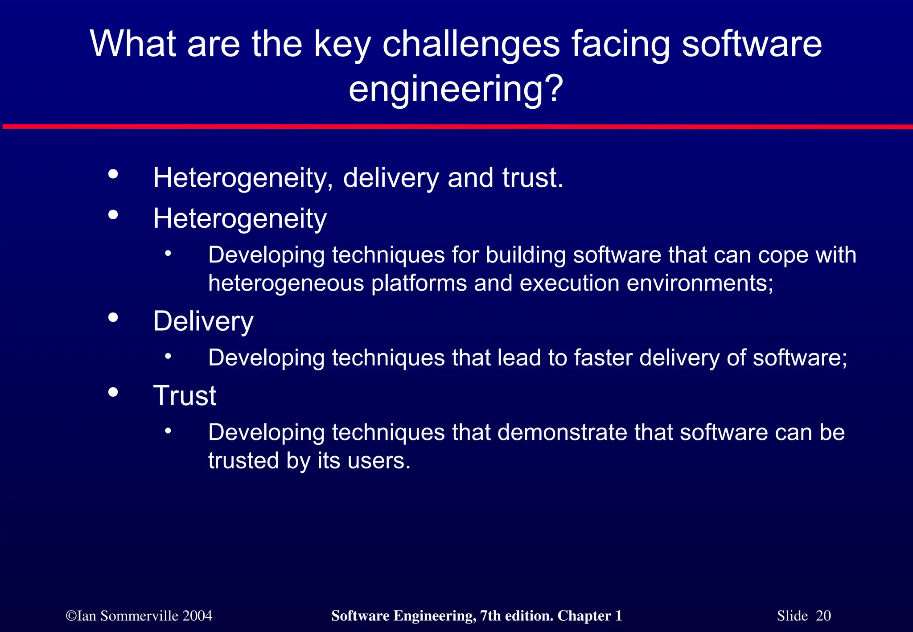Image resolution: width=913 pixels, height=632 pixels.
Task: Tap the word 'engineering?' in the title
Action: pos(456,89)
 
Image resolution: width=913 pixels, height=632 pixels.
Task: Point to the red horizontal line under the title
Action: pos(456,127)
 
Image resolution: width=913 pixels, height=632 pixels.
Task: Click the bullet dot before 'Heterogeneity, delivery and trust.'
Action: pos(113,174)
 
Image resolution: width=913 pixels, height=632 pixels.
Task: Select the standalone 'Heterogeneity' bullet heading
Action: pos(240,218)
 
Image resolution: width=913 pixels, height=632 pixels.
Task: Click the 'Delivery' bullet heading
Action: pos(203,321)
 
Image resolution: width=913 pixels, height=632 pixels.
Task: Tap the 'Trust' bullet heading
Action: pos(185,396)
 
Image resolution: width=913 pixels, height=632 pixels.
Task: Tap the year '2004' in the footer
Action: pos(197,616)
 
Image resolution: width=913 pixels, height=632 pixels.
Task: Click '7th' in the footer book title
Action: pos(490,616)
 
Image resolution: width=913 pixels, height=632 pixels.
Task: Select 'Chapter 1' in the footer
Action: pos(589,616)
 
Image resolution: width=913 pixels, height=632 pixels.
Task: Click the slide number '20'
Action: pos(823,616)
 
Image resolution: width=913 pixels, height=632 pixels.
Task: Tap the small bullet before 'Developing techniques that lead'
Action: pos(168,356)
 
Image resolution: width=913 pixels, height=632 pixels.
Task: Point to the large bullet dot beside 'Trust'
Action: pos(113,392)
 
